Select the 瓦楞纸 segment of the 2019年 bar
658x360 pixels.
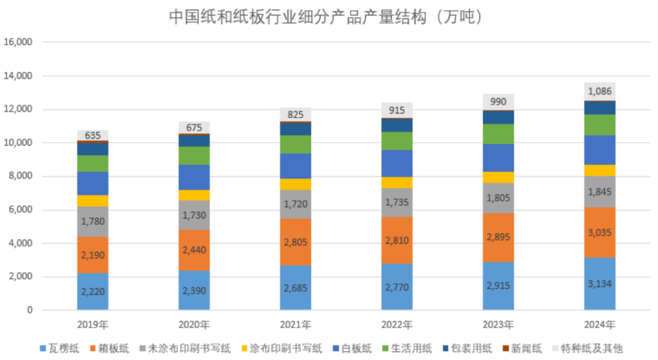pyautogui.click(x=93, y=291)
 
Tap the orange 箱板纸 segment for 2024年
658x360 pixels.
pyautogui.click(x=600, y=232)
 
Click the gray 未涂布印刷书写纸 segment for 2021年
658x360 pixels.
pyautogui.click(x=295, y=204)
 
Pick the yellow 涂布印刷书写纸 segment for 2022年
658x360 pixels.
pyautogui.click(x=397, y=182)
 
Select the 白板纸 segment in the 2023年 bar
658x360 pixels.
pyautogui.click(x=498, y=157)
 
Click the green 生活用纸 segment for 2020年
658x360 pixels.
pyautogui.click(x=194, y=155)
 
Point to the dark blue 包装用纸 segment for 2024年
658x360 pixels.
pyautogui.click(x=600, y=108)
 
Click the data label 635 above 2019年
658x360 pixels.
pyautogui.click(x=93, y=135)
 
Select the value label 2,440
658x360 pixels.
pyautogui.click(x=194, y=250)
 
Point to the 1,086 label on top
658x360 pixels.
pyautogui.click(x=600, y=91)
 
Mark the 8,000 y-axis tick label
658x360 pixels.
pyautogui.click(x=19, y=177)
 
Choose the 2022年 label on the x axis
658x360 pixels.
pyautogui.click(x=397, y=324)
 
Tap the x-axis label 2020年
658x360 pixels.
pyautogui.click(x=194, y=324)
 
